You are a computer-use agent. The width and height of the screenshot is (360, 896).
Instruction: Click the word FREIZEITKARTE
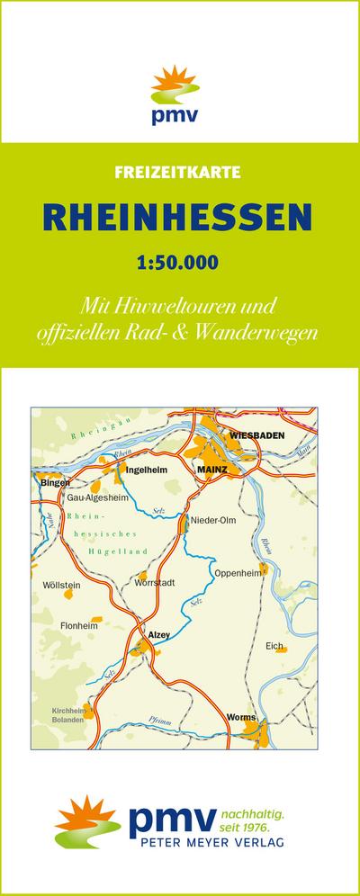180,172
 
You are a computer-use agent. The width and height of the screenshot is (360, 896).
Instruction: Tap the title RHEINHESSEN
180,217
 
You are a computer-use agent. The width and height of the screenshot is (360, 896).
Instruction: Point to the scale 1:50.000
180,264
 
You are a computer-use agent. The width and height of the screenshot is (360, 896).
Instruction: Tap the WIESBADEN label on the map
257,435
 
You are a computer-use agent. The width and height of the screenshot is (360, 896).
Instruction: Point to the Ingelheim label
147,470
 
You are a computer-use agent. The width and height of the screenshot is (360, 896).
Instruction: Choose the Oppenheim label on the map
237,572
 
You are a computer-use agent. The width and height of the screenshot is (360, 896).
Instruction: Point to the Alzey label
158,635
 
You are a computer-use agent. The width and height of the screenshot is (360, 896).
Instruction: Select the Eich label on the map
274,646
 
